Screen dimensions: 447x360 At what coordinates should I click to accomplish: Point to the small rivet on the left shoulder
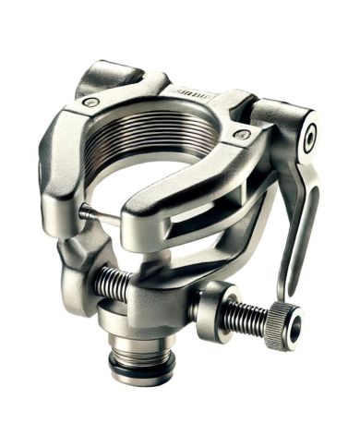(x=90, y=102)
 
